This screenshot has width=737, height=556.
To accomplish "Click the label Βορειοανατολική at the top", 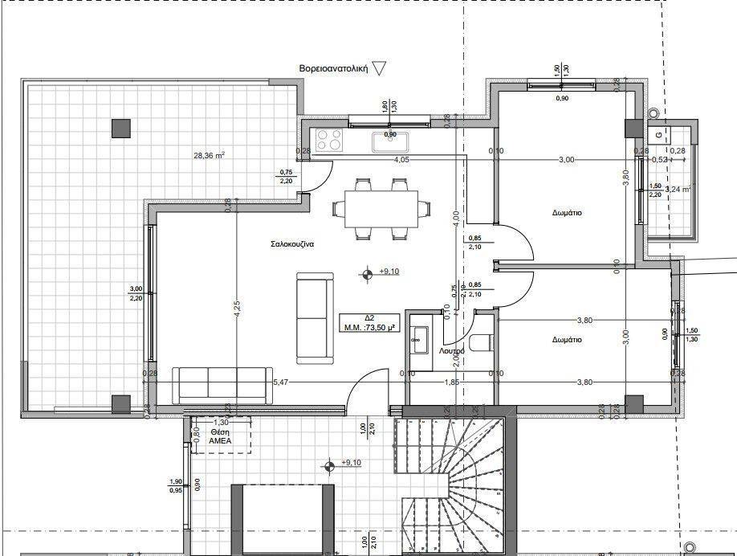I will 332,70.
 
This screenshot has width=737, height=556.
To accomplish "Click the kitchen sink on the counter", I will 389,141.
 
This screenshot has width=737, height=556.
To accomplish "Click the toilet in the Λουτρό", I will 482,343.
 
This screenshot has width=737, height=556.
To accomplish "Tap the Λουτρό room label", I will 452,351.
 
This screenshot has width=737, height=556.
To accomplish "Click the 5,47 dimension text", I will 281,382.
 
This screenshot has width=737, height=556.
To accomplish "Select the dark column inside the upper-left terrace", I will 120,127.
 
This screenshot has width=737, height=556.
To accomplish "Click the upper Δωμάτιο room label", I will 567,214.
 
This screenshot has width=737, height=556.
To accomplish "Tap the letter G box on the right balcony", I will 658,134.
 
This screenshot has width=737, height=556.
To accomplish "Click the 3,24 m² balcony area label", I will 678,190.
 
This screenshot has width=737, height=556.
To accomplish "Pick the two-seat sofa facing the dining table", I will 314,317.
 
